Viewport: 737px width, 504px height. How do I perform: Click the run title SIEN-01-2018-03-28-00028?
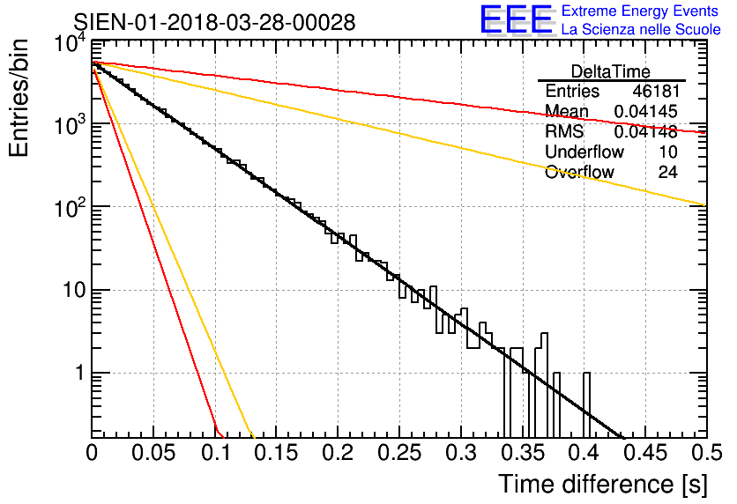[214, 22]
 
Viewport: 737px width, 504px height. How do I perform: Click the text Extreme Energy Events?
[639, 11]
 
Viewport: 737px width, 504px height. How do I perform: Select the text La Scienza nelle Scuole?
[640, 29]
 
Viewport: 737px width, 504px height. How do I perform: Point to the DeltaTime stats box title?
[611, 71]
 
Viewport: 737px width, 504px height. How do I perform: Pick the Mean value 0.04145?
[645, 112]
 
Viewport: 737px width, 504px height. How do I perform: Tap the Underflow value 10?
[667, 152]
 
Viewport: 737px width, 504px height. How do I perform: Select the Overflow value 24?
[667, 173]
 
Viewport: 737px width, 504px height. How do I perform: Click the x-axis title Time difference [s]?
[601, 484]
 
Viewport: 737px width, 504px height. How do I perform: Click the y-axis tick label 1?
[78, 373]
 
